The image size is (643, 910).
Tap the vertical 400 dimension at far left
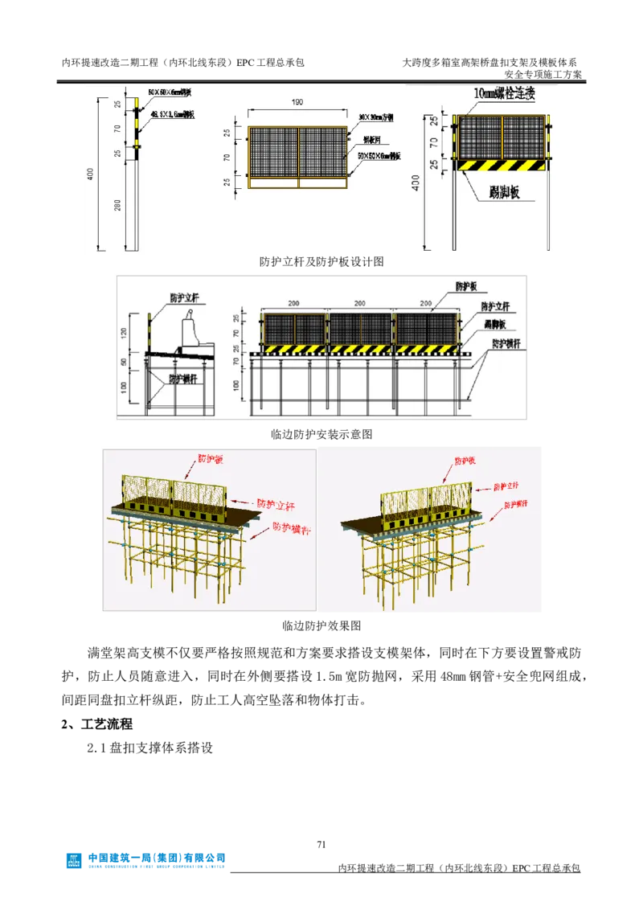coord(92,172)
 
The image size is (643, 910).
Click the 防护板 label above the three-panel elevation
coord(469,286)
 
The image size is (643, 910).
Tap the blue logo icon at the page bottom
coord(73,860)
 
